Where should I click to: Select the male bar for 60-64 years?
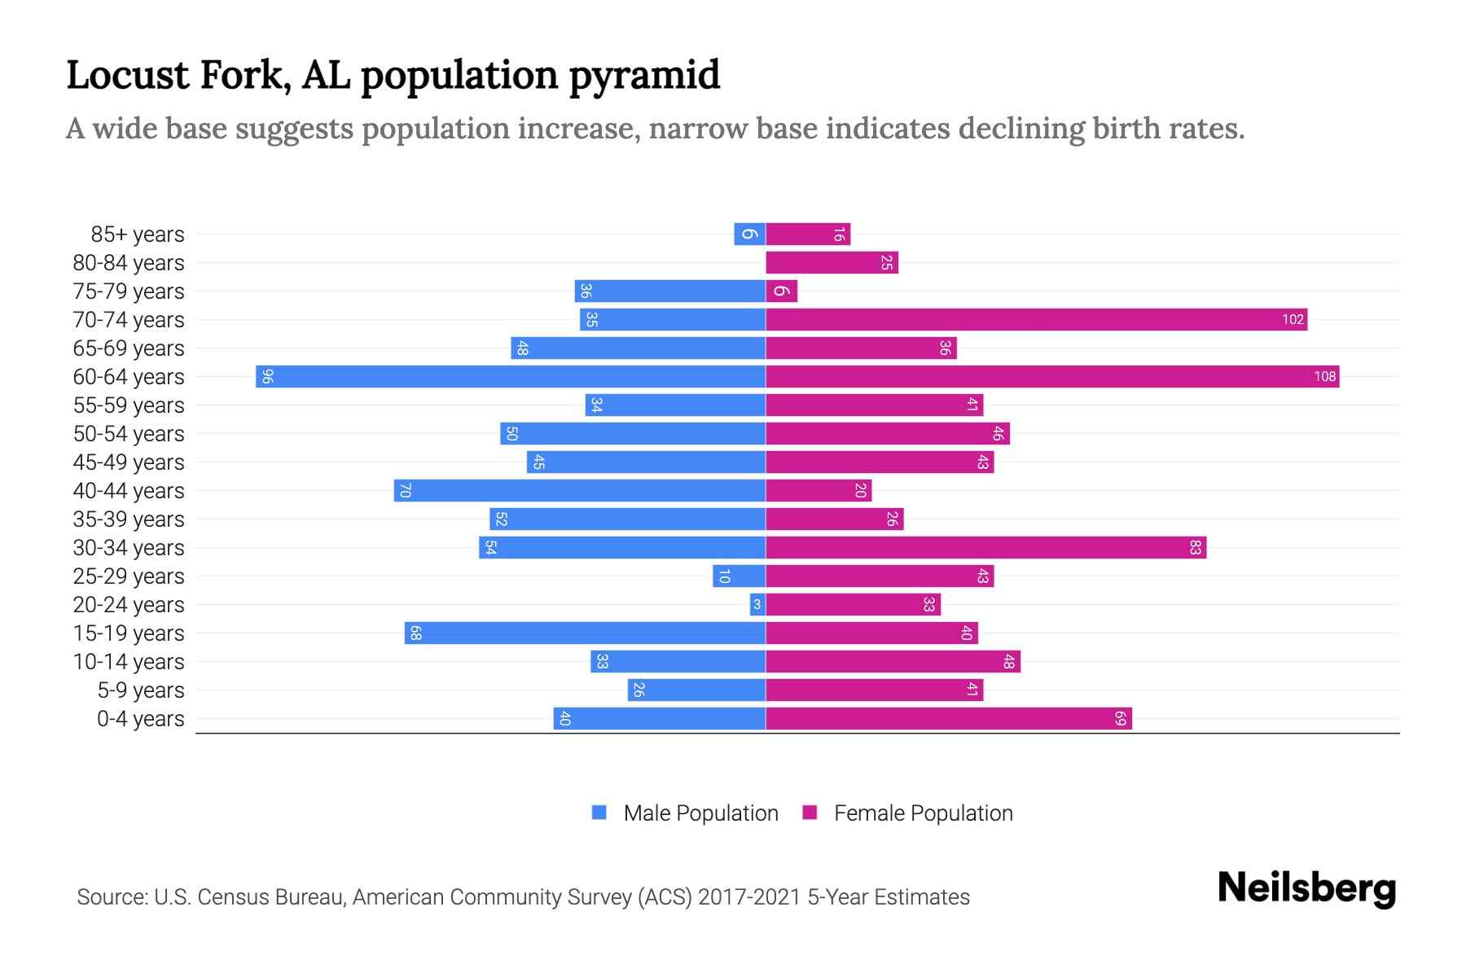tap(511, 376)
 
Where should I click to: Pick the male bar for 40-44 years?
tap(580, 490)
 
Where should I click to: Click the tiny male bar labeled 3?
tap(757, 604)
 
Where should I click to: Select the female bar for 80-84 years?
tap(831, 262)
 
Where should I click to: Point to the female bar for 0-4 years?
tap(949, 718)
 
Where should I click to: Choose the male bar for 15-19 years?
tap(585, 633)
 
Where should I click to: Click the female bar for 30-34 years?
tap(985, 547)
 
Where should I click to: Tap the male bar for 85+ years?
tap(749, 234)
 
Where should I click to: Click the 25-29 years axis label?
tap(129, 576)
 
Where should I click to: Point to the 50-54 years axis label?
tap(129, 434)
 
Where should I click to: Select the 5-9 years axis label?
tap(140, 690)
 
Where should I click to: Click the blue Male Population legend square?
tap(599, 813)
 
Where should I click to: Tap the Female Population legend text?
tap(923, 813)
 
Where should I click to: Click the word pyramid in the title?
tap(643, 76)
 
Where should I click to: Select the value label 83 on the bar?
tap(1195, 547)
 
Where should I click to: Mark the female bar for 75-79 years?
tap(781, 291)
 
